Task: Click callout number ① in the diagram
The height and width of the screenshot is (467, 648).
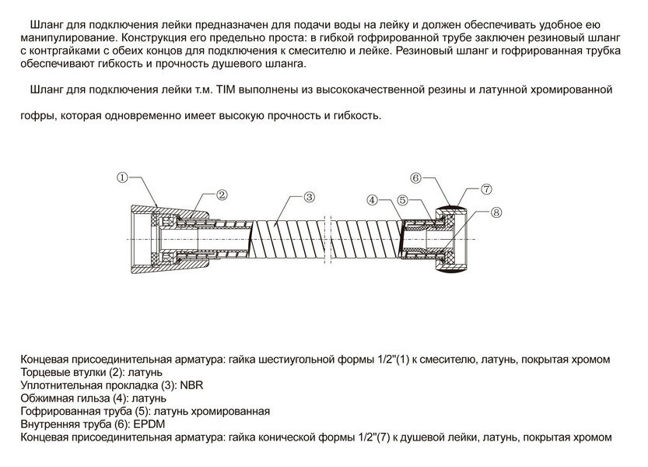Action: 123,177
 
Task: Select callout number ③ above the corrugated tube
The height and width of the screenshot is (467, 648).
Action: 309,196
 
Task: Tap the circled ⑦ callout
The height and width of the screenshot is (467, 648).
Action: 486,189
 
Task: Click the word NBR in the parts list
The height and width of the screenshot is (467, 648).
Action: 191,384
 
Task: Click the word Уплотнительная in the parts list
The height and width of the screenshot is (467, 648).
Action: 59,384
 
